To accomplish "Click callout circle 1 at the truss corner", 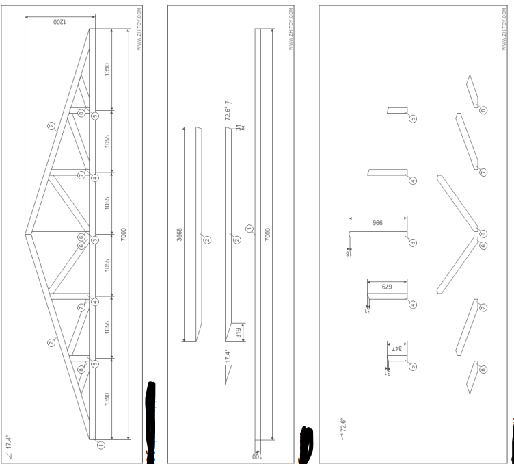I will coord(101,444).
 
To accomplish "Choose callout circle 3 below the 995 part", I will coord(413,242).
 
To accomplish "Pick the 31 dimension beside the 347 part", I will coord(387,372).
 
